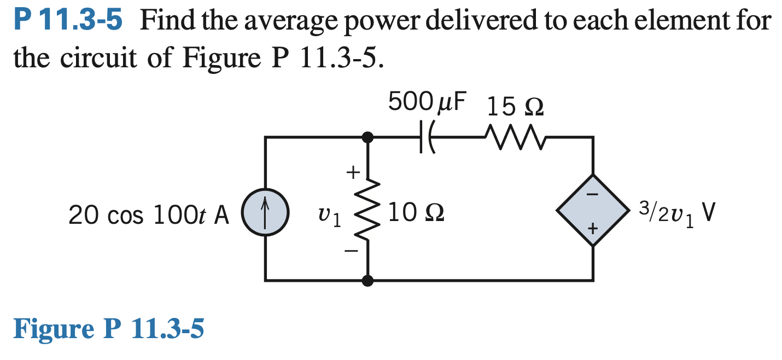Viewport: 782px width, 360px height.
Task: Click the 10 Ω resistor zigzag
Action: click(x=368, y=211)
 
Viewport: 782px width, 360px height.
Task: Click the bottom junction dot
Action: click(x=368, y=281)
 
